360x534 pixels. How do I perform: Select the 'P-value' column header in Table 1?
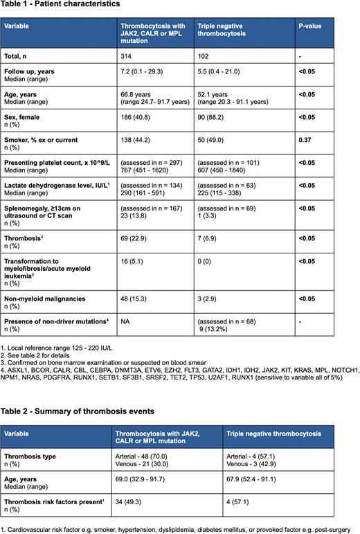[x=310, y=26]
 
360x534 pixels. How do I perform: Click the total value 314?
[x=126, y=54]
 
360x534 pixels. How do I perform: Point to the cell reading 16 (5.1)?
[x=134, y=256]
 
